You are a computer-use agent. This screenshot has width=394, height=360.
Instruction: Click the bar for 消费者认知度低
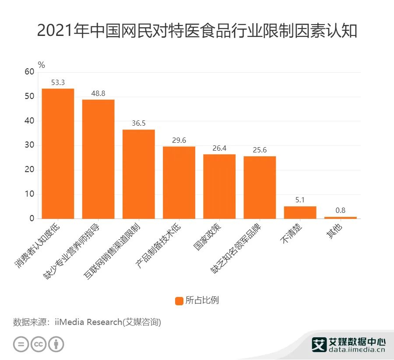58,153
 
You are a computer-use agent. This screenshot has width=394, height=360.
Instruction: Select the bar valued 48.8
98,159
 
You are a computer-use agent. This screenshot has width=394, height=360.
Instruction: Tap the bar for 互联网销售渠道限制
138,174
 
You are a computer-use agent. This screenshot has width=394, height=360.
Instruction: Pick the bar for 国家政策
219,186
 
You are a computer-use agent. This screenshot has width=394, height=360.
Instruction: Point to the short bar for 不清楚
300,212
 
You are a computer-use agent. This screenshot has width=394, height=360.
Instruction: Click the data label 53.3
58,82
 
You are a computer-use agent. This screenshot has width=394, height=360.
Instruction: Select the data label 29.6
179,140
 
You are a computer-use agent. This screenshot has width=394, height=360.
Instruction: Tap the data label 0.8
340,210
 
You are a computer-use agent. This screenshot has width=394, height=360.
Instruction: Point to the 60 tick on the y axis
29,72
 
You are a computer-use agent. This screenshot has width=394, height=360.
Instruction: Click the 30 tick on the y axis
29,145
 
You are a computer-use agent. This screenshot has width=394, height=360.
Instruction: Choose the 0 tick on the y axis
32,219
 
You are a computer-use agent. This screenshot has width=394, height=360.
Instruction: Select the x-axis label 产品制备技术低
158,246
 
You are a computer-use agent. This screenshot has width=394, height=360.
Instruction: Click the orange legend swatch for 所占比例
179,301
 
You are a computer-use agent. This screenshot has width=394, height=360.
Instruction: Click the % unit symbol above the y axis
42,65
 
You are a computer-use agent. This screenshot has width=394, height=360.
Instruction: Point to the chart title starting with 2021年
197,31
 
